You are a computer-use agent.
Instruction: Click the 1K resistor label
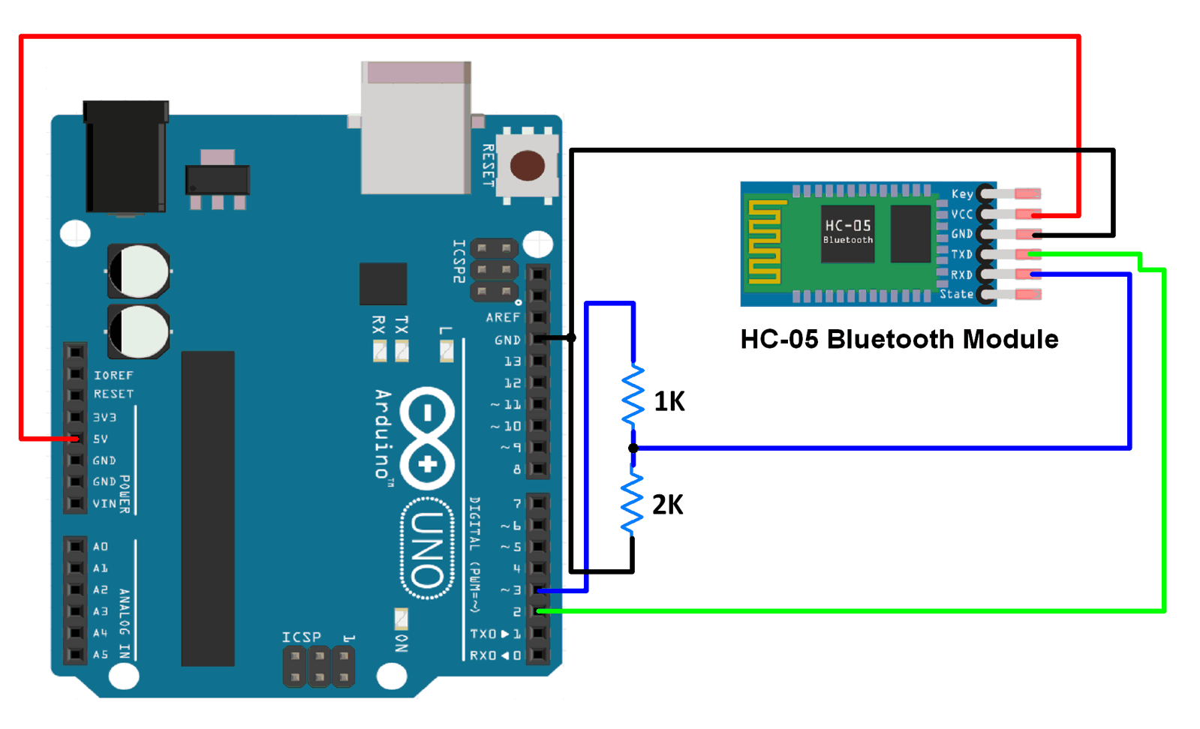[669, 402]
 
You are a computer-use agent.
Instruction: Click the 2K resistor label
[667, 505]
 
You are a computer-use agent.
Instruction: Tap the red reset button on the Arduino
[528, 166]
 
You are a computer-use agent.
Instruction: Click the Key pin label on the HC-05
[961, 194]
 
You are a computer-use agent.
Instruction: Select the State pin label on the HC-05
[956, 294]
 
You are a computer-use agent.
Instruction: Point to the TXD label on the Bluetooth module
[961, 254]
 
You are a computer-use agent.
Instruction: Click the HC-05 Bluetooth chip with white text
[848, 232]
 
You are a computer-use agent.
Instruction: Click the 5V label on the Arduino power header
[101, 439]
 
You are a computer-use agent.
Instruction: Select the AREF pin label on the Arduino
[502, 317]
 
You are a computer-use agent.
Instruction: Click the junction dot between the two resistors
[633, 448]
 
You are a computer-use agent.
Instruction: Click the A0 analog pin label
[101, 547]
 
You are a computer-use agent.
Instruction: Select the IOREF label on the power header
[113, 375]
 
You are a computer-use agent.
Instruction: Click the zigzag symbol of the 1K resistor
[633, 396]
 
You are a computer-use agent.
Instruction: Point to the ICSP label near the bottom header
[301, 637]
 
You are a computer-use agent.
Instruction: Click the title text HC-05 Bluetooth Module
[898, 340]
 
